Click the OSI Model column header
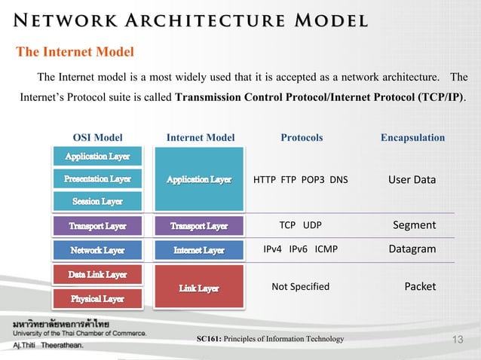coord(97,138)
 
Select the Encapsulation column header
coord(412,138)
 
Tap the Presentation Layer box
coord(97,179)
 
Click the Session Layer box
coord(97,202)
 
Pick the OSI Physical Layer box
coord(97,299)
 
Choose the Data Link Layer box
coord(97,275)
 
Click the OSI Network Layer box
coord(97,250)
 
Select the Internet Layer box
coord(199,250)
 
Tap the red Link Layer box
coord(199,288)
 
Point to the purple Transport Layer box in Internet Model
coord(199,226)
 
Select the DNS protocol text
coord(337,180)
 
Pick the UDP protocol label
coord(312,225)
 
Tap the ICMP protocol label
coord(326,249)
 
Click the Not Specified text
coord(300,287)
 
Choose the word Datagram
coord(412,249)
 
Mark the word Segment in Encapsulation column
coord(415,225)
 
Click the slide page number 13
coord(456,341)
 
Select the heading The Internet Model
coord(75,52)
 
